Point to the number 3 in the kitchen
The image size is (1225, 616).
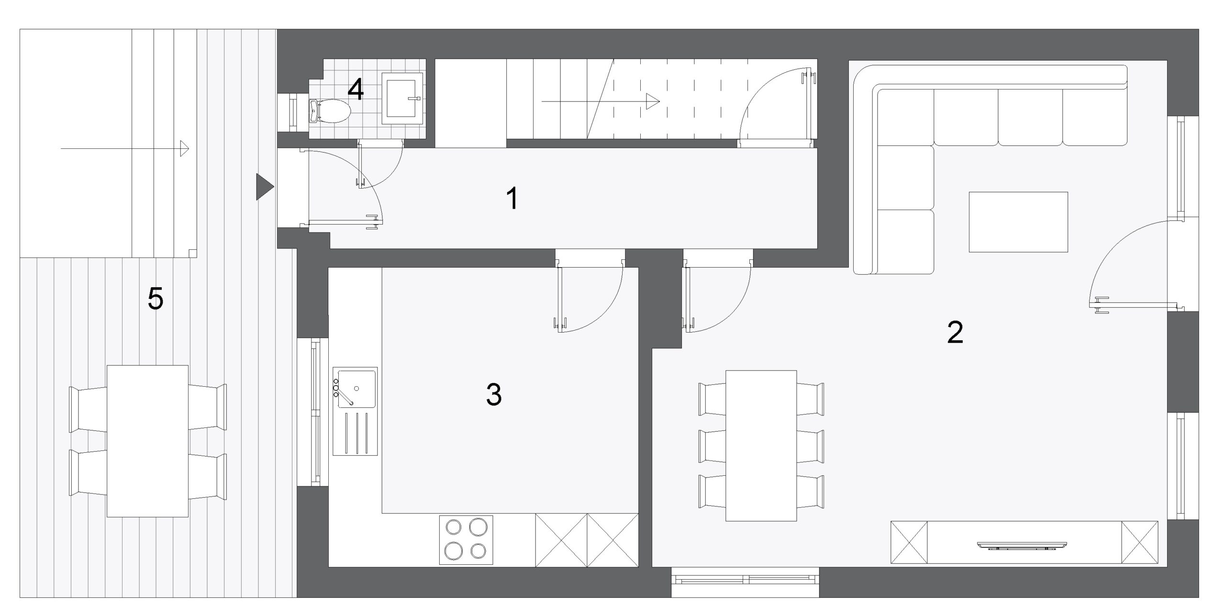tap(494, 395)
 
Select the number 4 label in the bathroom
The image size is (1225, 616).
tap(356, 90)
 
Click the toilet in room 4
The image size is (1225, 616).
tap(330, 112)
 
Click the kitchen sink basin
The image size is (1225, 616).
tap(357, 388)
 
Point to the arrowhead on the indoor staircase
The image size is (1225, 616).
tap(653, 101)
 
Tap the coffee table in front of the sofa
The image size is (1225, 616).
tap(1018, 222)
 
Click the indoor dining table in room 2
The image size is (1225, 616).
tap(761, 445)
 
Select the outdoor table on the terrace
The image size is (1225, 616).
tap(147, 441)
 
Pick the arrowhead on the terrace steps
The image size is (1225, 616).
tap(184, 148)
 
